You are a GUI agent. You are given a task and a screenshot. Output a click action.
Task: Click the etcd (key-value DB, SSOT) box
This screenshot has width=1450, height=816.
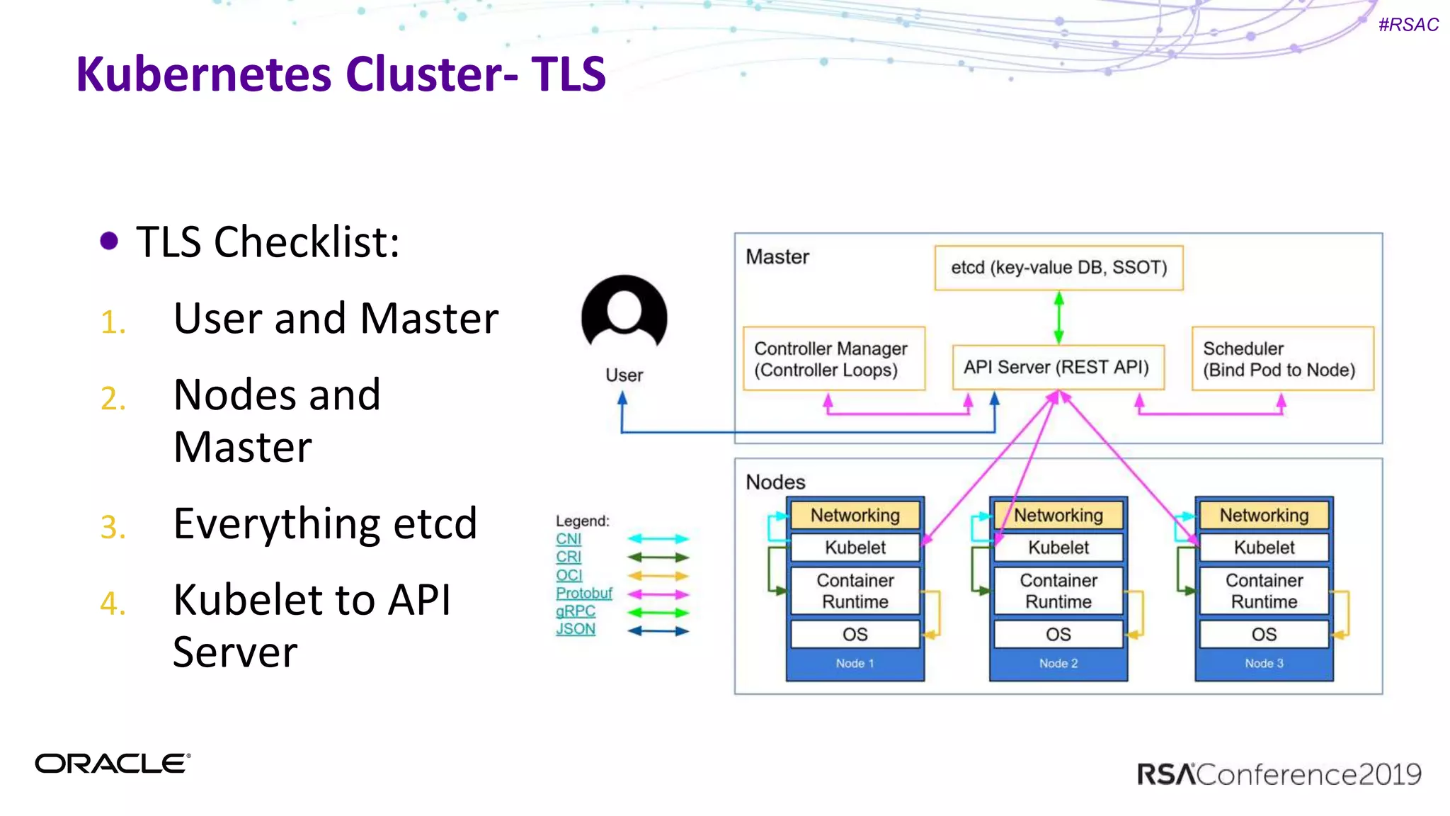(1058, 268)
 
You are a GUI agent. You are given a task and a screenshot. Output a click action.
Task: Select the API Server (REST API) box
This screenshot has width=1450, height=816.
(1058, 367)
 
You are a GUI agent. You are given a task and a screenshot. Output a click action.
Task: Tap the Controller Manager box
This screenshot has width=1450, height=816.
(833, 358)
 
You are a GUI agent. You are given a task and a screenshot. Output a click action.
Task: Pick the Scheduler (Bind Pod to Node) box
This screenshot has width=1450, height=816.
(1282, 358)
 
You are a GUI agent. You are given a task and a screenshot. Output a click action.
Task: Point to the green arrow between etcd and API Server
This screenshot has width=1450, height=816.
(1058, 319)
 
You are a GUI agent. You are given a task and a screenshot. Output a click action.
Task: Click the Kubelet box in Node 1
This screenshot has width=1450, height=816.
(855, 548)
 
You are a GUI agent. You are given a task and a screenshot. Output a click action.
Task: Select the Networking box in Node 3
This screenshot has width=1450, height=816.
(1264, 515)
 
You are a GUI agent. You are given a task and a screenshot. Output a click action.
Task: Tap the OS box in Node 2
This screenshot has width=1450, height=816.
(1058, 634)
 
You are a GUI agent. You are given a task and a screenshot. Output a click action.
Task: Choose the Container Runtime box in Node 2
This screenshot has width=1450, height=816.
(1058, 591)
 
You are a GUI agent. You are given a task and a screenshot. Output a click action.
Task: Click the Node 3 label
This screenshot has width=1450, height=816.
(1264, 664)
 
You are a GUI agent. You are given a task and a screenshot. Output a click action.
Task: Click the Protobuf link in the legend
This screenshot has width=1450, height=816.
(583, 593)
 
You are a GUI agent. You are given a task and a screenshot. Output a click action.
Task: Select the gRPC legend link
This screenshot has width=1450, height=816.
(575, 611)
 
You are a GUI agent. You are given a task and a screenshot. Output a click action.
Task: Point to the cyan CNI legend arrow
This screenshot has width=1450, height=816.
(658, 539)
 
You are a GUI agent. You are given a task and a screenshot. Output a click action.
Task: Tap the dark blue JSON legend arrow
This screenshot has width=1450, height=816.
(658, 630)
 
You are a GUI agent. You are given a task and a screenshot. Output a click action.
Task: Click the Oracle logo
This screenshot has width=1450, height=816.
(113, 764)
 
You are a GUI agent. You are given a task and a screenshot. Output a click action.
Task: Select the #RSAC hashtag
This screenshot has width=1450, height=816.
(1408, 25)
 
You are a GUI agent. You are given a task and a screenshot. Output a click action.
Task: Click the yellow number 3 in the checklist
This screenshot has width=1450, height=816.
(113, 528)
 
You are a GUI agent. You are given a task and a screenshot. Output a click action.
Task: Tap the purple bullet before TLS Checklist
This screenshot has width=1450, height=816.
(109, 241)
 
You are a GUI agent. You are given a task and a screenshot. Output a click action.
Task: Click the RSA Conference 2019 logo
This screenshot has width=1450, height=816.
(1279, 774)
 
